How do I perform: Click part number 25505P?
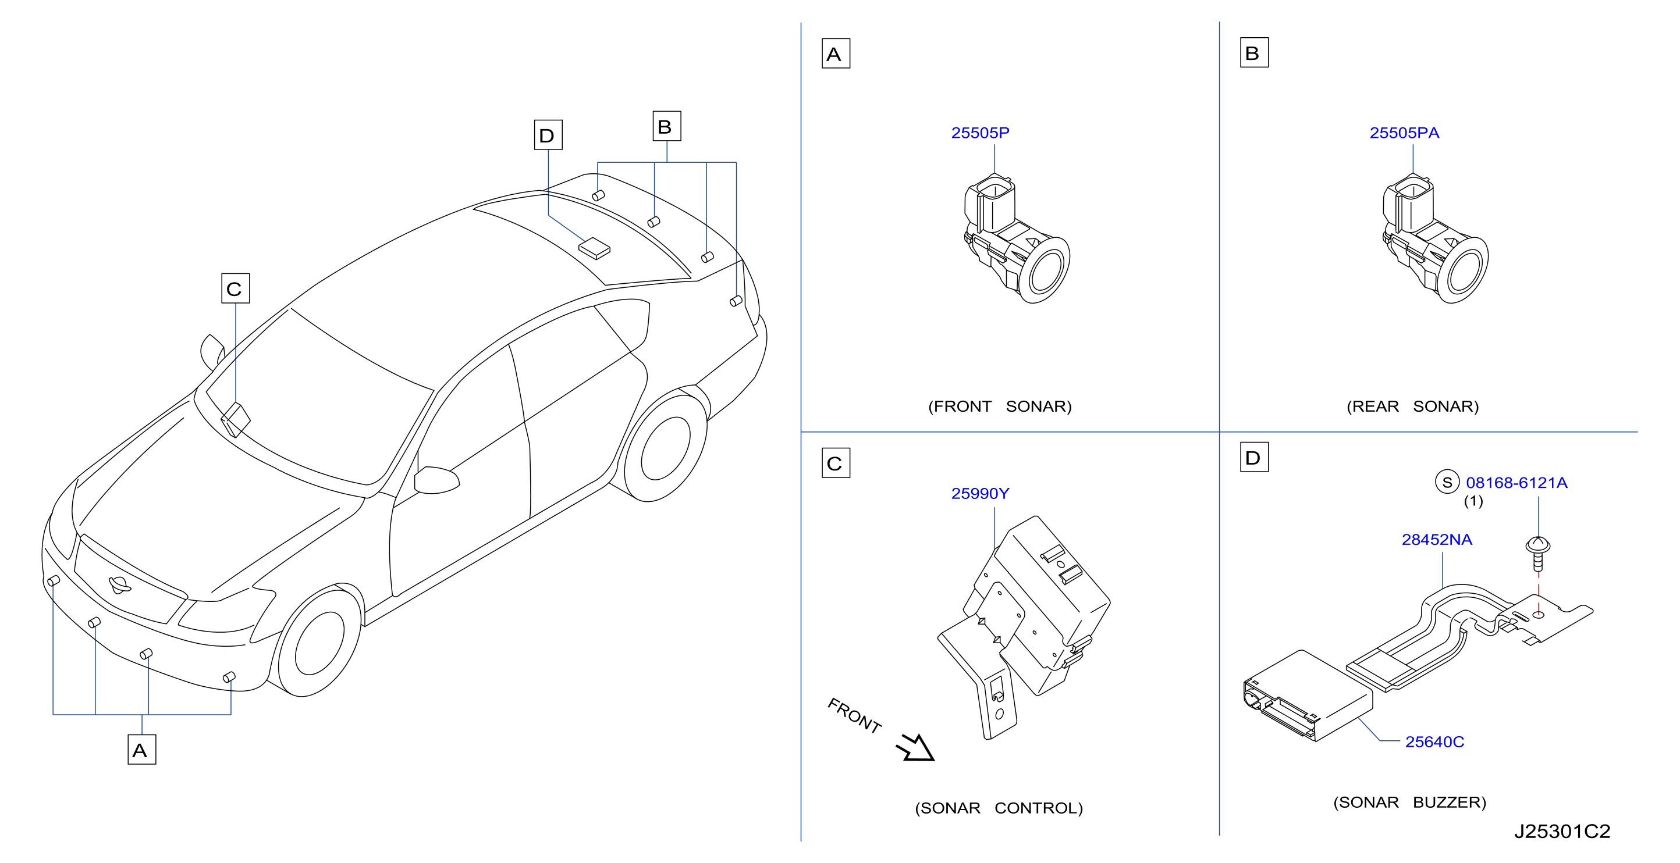[x=979, y=133]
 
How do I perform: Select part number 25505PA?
[x=1404, y=133]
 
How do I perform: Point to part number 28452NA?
[x=1437, y=540]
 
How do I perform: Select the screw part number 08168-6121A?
[x=1516, y=483]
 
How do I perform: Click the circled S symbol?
[x=1447, y=482]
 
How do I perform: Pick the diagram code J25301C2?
[x=1562, y=831]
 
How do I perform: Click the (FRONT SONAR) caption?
[x=1000, y=406]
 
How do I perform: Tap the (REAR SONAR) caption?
[x=1413, y=406]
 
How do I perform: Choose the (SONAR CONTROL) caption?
[x=999, y=808]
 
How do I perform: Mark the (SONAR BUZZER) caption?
[x=1409, y=803]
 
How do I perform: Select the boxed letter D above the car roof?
[x=548, y=135]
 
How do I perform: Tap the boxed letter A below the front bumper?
[x=141, y=750]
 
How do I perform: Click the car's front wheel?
[x=319, y=643]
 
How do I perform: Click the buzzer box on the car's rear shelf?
[x=594, y=248]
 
